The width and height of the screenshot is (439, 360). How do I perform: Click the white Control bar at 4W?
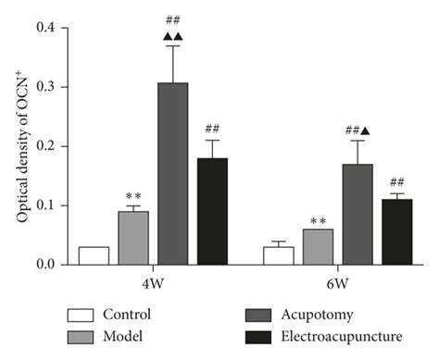coord(94,255)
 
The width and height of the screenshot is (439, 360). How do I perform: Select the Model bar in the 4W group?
coord(132,238)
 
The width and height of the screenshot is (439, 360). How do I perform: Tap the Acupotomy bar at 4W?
coord(172,174)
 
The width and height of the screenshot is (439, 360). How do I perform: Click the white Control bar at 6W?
coord(279,255)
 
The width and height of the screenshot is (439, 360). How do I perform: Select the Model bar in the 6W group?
coord(318,247)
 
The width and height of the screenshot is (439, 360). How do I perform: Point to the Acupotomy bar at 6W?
coord(357,214)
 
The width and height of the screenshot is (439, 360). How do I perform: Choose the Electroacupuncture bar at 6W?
coord(396,231)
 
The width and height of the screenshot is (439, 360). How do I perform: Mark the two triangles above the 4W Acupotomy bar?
coord(172,35)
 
